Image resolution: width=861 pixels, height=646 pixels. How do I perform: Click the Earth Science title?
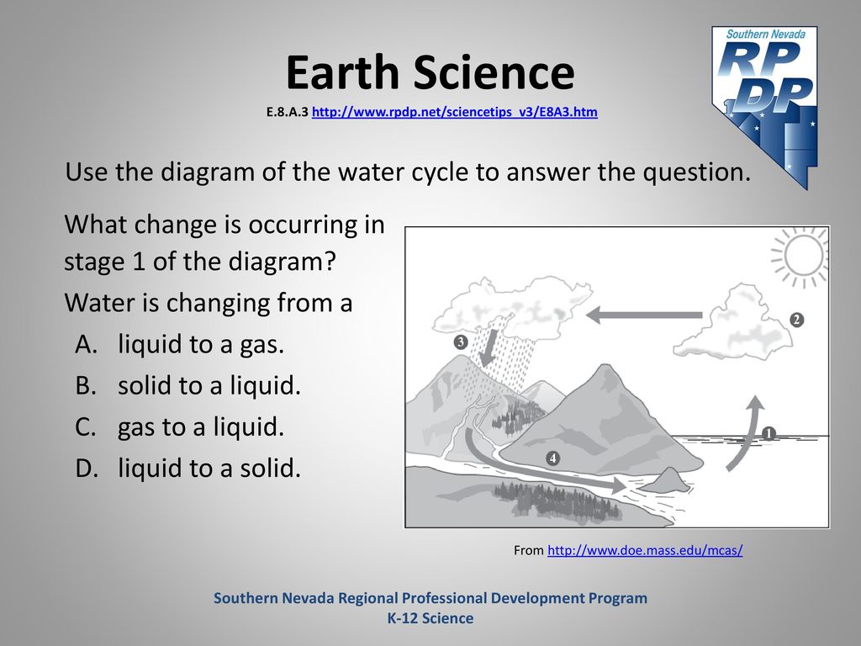coord(430,72)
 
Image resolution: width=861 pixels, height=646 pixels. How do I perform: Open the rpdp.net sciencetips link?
coord(455,112)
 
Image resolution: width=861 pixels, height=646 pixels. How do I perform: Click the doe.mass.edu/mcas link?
coord(645,550)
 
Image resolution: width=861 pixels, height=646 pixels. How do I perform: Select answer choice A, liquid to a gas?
coord(180,344)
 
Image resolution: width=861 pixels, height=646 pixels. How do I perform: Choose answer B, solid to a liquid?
coord(188,385)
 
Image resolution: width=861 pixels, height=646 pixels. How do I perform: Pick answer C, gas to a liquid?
coord(180,426)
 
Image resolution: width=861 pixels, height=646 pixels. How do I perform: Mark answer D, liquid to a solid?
coord(188,468)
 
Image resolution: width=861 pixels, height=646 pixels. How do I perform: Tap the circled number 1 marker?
coord(769,434)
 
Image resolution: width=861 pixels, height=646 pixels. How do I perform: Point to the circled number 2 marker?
coord(797,320)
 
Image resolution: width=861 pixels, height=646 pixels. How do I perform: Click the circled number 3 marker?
coord(461,342)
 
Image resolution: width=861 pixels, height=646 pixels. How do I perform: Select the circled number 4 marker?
coord(553,458)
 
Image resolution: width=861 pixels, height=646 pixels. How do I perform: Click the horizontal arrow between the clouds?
coord(644,315)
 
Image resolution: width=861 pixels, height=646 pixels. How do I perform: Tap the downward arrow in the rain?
coord(489,348)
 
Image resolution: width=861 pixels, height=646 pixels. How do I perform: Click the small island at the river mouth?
coord(666,480)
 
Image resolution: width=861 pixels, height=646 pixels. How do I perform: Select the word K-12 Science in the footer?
coord(430,618)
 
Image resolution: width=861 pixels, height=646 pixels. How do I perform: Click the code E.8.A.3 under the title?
coord(288,112)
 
